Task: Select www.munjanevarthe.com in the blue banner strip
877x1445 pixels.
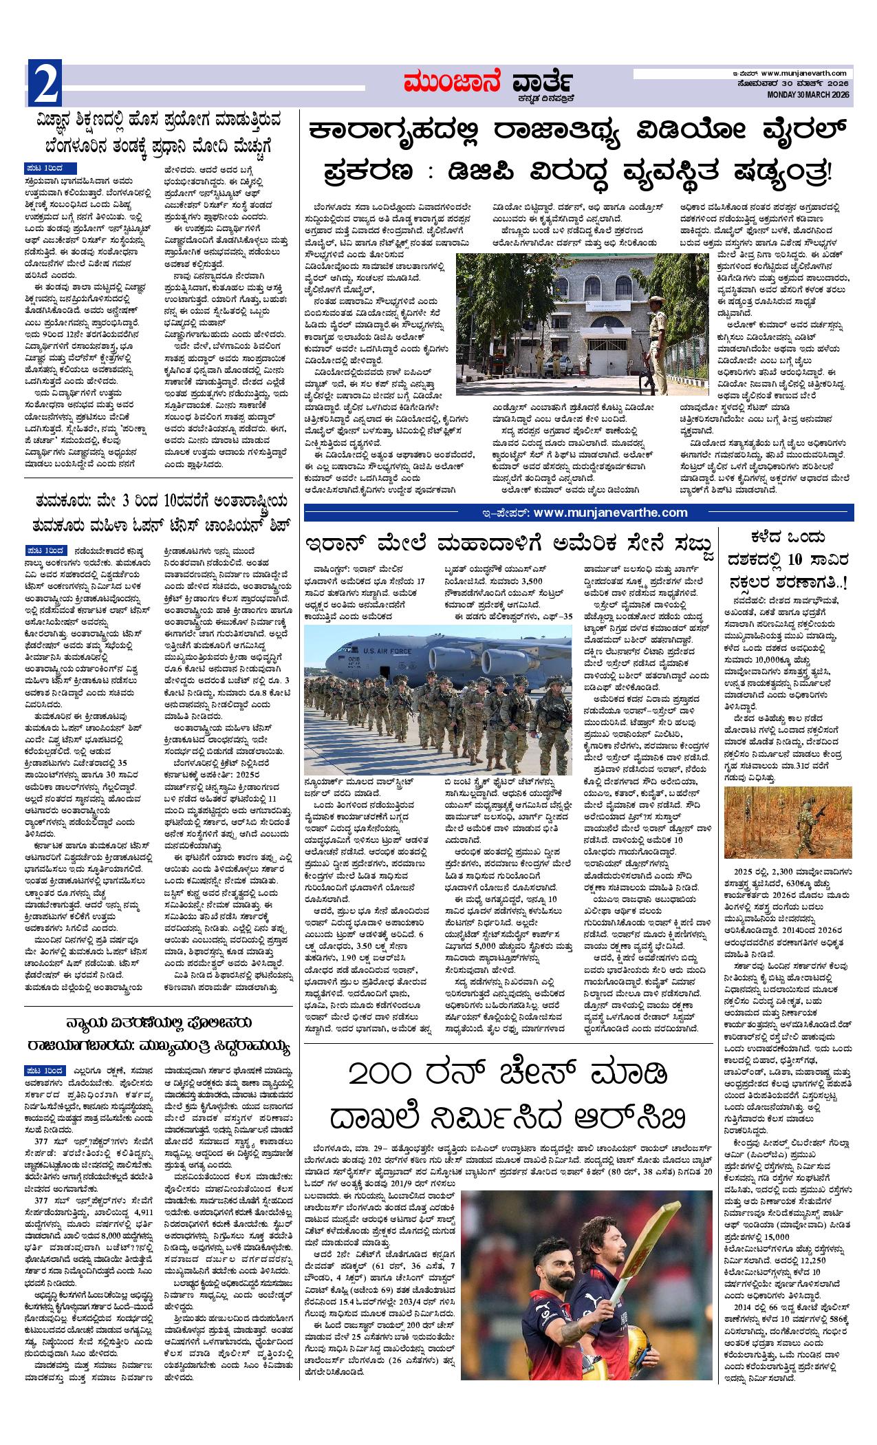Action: pyautogui.click(x=610, y=512)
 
